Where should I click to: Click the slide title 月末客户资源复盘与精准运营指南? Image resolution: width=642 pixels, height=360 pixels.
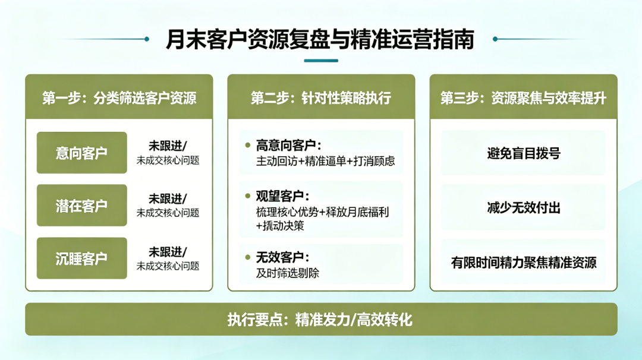(x=320, y=39)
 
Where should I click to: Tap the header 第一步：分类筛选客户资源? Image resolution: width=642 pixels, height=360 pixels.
(x=119, y=98)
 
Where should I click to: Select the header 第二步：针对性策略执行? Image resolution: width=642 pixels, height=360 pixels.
(x=321, y=98)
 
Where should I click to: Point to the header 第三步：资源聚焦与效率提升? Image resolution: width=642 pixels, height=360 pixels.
(x=523, y=98)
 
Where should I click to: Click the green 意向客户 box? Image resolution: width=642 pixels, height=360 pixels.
(x=82, y=153)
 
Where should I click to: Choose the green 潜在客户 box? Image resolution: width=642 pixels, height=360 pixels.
(x=82, y=206)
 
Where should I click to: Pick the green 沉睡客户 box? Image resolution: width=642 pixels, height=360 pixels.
(x=82, y=258)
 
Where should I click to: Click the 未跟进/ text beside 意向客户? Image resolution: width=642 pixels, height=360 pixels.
(x=168, y=146)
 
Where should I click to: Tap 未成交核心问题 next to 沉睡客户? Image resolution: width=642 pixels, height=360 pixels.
(x=168, y=266)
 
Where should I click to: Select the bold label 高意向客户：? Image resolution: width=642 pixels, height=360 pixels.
(x=289, y=145)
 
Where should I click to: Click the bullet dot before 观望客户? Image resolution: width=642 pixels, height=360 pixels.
(x=247, y=196)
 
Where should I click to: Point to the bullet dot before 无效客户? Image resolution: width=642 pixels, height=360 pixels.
(x=247, y=257)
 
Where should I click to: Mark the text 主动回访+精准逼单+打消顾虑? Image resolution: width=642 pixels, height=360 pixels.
(x=326, y=161)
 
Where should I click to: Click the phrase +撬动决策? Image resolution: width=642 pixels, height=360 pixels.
(x=280, y=225)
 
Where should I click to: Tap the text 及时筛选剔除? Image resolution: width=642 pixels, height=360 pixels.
(x=288, y=273)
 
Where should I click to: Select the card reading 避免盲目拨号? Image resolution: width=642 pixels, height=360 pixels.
(x=523, y=153)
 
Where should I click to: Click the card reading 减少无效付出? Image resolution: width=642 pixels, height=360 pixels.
(x=523, y=207)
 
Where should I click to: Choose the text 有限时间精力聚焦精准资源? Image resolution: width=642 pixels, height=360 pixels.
(x=523, y=262)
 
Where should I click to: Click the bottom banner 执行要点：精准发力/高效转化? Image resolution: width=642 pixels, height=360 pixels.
(x=321, y=319)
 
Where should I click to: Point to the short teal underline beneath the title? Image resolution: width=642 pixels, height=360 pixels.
(x=321, y=61)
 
